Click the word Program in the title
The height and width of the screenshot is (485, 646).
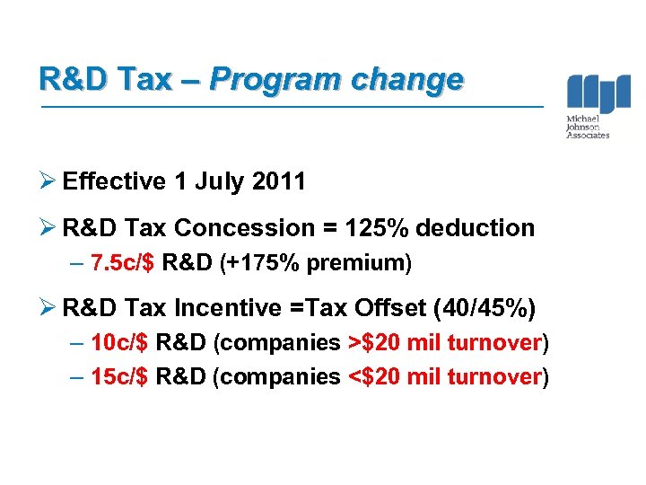[x=275, y=80]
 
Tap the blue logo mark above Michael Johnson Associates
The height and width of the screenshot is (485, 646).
[x=598, y=93]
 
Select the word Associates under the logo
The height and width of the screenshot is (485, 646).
[x=588, y=136]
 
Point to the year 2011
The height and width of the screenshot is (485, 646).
[x=278, y=181]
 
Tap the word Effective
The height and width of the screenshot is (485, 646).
[x=115, y=181]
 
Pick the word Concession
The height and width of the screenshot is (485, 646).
[x=250, y=228]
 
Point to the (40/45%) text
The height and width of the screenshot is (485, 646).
[x=484, y=308]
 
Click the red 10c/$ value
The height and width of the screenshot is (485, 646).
[x=121, y=344]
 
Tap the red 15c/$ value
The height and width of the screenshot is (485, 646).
[x=121, y=377]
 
